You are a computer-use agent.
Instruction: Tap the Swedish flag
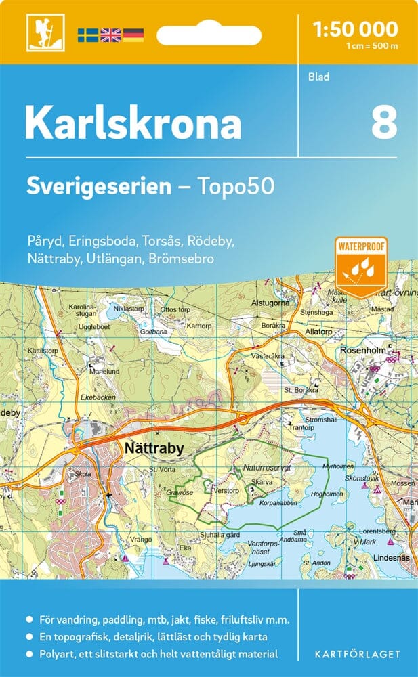tap(87, 34)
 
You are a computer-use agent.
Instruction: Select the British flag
tap(110, 34)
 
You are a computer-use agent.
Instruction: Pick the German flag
tap(133, 34)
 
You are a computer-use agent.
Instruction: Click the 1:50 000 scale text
tap(356, 29)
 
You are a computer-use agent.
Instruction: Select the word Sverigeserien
tap(99, 186)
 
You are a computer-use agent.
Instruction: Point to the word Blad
tap(318, 77)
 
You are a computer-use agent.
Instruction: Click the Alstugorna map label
tap(270, 303)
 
